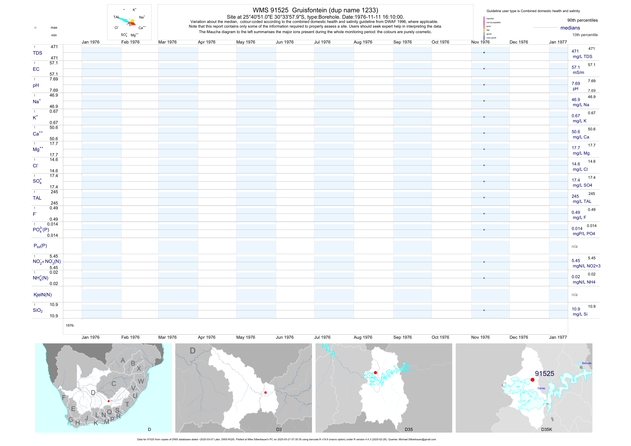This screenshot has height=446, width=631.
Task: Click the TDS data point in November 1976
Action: coord(484,52)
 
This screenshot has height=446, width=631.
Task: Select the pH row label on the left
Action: coord(36,85)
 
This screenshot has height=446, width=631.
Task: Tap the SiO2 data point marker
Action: coord(484,310)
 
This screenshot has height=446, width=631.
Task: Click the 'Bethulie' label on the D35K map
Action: coord(587,363)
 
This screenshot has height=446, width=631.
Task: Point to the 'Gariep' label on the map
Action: coord(541,388)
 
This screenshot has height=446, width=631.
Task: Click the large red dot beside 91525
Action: coord(532,380)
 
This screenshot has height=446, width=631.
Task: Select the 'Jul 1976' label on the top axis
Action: coord(322,42)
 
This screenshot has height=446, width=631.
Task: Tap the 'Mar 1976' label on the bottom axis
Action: coord(167,337)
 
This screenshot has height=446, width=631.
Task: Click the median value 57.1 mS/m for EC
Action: coord(576,67)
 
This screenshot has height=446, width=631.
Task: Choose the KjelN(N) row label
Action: coord(43,295)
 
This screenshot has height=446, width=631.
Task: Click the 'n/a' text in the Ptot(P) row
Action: coord(574,246)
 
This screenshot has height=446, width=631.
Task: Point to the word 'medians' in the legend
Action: coord(570,28)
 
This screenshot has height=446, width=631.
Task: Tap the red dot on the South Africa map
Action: coord(109,401)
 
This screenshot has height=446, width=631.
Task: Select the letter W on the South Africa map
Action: coord(141,381)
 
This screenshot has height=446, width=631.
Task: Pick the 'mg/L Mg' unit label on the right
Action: coord(581,153)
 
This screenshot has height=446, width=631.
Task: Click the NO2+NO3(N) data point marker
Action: coord(484,262)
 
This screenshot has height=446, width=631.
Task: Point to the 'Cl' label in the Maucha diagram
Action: coord(116,28)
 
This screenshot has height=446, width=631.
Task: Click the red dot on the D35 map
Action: coord(375,373)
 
